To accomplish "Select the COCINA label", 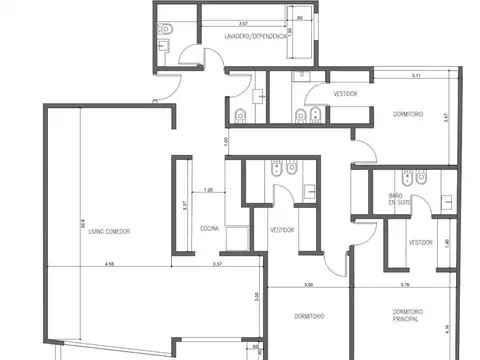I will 209,229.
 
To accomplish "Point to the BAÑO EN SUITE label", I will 400,201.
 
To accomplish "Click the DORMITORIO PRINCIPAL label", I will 412,318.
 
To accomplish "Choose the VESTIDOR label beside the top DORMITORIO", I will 346,93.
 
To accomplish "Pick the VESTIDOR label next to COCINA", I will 283,230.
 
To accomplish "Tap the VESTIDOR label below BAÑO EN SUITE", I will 420,242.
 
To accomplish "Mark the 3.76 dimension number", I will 405,285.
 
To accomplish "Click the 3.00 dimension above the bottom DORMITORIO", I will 308,285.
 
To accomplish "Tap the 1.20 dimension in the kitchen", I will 208,189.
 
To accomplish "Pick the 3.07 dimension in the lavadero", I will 244,22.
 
